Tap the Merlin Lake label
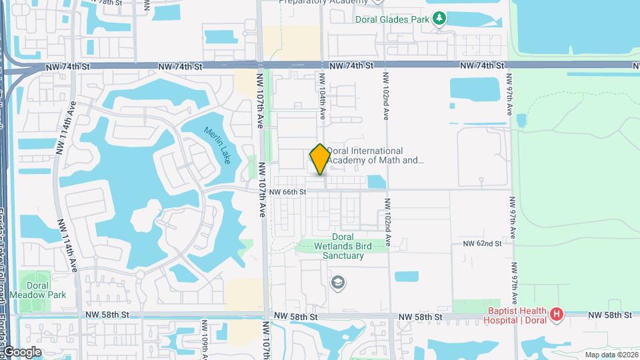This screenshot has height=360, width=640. click(x=217, y=145)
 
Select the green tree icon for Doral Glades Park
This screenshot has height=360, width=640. click(x=439, y=19)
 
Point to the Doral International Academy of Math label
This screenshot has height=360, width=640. click(x=375, y=155)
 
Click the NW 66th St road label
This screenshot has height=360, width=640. click(x=287, y=192)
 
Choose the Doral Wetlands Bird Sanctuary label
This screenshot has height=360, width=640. click(x=343, y=246)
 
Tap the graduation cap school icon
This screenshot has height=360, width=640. click(x=338, y=283)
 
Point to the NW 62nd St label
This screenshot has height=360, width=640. click(x=482, y=244)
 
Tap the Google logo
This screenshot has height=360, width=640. click(x=21, y=352)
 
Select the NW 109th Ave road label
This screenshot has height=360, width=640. click(x=205, y=340)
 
